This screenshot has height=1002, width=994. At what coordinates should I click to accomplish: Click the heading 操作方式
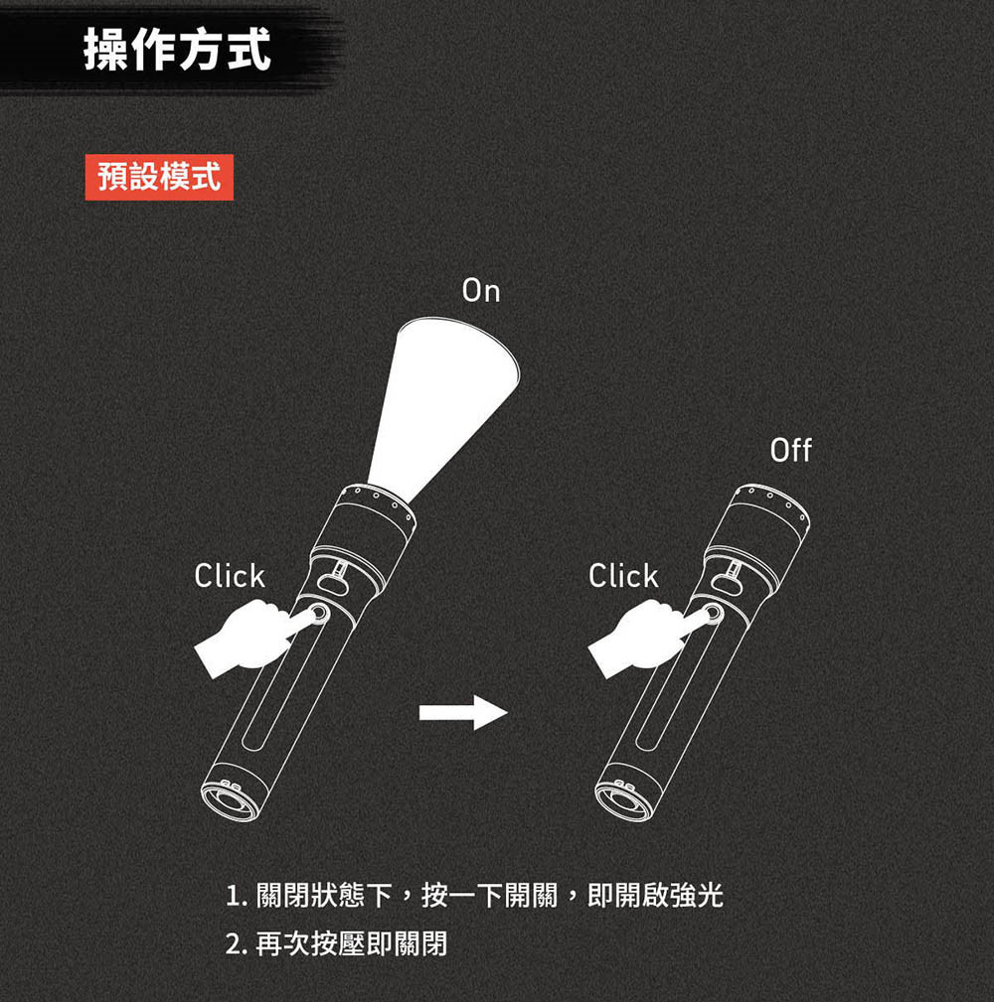[x=177, y=50]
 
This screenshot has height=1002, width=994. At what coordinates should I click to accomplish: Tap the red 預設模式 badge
[x=159, y=177]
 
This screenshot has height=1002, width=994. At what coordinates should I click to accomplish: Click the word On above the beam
[x=481, y=291]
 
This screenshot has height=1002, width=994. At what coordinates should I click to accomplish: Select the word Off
[x=790, y=451]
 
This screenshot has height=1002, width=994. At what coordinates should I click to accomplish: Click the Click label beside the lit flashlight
[x=229, y=576]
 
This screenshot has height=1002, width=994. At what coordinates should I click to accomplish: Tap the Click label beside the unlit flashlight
[x=623, y=576]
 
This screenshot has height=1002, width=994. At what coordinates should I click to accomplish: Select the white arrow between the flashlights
[x=463, y=712]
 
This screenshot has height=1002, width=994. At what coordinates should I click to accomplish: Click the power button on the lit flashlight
[x=320, y=615]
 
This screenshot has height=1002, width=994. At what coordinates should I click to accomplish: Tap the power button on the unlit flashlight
[x=715, y=615]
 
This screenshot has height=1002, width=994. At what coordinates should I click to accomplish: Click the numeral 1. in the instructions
[x=237, y=896]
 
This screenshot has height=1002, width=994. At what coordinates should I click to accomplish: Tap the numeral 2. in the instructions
[x=237, y=944]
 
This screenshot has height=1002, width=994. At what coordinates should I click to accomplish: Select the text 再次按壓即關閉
[x=351, y=943]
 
